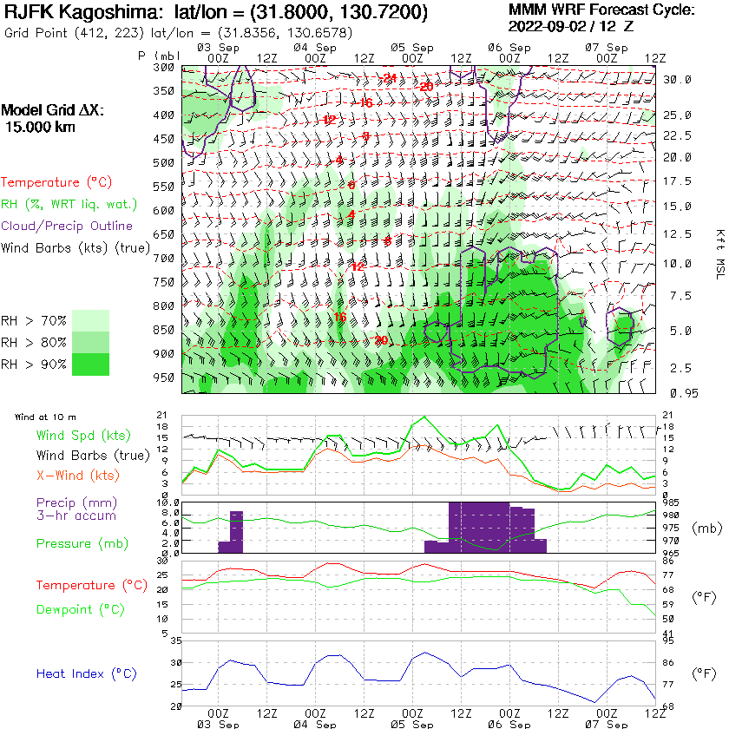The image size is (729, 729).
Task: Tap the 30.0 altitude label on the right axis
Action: [x=677, y=79]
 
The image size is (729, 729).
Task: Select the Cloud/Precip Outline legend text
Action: [x=67, y=226]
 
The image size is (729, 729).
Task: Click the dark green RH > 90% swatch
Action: [x=90, y=364]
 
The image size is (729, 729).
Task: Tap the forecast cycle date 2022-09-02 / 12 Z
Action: [x=570, y=26]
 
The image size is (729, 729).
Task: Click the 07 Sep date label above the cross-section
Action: [x=606, y=46]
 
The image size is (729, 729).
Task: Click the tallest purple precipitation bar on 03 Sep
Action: [x=236, y=532]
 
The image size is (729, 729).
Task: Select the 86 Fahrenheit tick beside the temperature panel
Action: [x=668, y=562]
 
